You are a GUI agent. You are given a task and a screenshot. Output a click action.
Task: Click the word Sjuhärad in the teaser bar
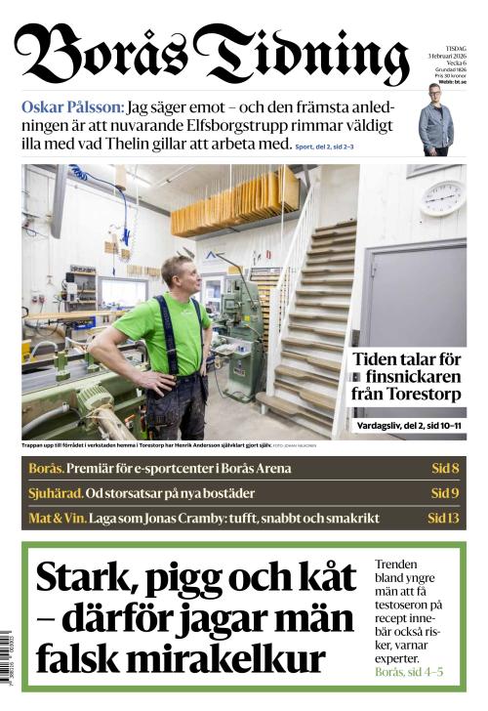pos(55,493)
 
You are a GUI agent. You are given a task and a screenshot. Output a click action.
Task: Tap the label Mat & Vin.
pos(57,518)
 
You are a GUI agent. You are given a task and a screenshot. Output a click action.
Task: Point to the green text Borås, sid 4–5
pos(409,672)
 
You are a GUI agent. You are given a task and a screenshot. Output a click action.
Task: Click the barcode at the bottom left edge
pos(9,658)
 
